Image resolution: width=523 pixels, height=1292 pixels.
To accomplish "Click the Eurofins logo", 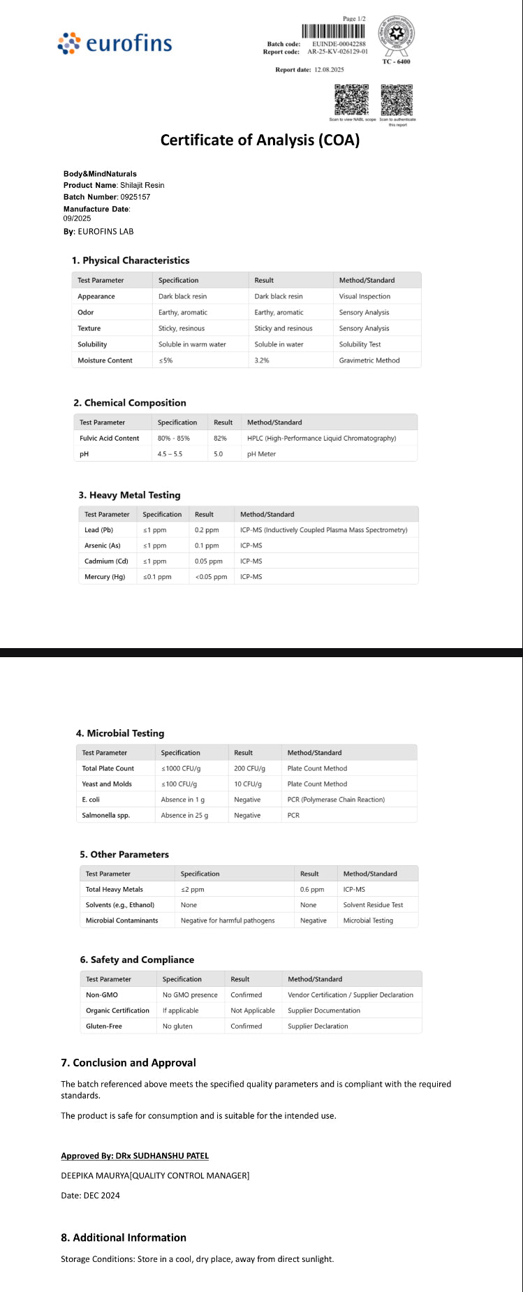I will pos(115,43).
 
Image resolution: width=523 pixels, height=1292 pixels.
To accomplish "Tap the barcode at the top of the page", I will pos(333,31).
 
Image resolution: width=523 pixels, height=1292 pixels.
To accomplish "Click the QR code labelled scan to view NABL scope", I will pos(351,100).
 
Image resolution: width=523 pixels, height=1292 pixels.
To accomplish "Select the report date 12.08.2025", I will pos(329,70).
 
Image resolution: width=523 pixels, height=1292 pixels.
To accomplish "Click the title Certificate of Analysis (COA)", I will pos(260,140).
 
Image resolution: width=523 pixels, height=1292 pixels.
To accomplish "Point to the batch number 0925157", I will pos(135,197).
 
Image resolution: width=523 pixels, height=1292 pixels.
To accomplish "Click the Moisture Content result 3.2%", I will pos(262,360).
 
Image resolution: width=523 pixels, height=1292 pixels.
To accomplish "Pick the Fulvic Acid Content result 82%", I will pos(220,439).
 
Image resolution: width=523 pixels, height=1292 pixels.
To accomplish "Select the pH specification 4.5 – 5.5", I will pos(170,454).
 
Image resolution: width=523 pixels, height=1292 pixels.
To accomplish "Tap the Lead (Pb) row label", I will pos(98,530).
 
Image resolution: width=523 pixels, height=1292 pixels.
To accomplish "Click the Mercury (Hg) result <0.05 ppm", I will pos(211,577).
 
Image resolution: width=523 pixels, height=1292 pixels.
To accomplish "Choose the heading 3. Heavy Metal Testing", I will pos(129,495).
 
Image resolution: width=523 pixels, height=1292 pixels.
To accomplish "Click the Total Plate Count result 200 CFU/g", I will pos(249,768).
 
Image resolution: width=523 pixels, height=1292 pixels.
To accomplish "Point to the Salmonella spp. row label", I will pos(105,815).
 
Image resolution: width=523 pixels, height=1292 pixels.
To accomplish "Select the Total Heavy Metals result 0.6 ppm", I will pos(312,890).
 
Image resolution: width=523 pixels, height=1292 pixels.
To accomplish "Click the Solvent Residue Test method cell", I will pos(373,905).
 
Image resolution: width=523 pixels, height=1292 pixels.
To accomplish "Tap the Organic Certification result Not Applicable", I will pos(253,1011).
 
